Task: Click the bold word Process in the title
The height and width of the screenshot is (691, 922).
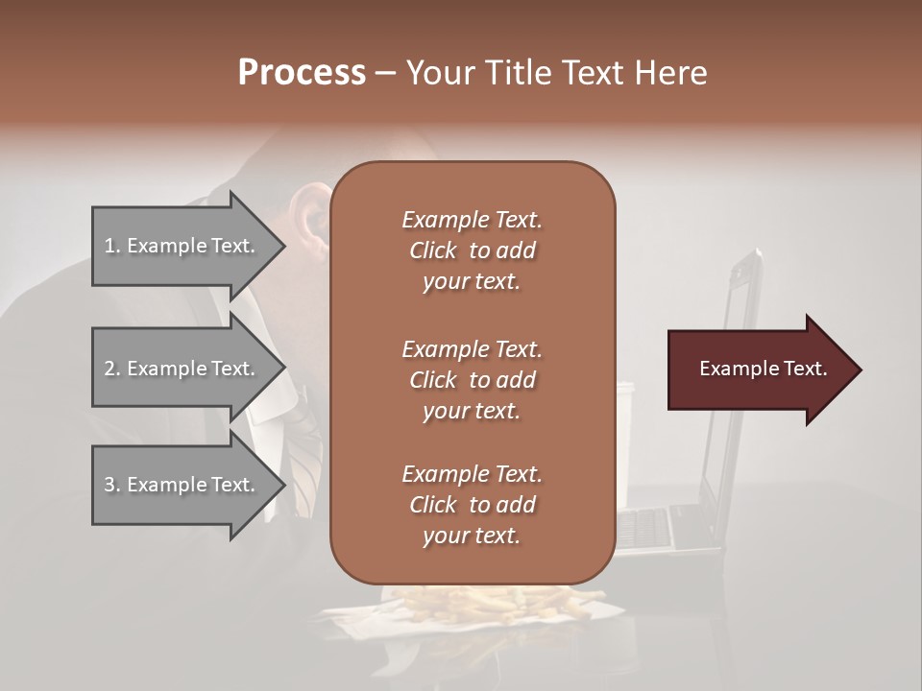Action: click(302, 73)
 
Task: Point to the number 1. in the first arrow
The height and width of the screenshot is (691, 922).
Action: click(112, 247)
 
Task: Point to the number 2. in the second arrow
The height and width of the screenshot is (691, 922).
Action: click(112, 369)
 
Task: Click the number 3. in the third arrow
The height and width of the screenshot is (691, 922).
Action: click(112, 486)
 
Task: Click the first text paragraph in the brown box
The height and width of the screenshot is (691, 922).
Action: click(472, 250)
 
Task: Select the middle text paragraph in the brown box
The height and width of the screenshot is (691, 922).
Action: click(472, 380)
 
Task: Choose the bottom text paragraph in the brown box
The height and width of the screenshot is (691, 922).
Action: click(472, 505)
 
